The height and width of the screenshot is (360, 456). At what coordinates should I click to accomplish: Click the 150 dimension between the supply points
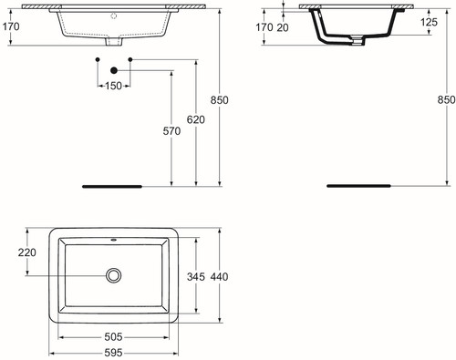113,86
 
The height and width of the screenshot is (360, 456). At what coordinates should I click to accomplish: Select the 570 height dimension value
171,131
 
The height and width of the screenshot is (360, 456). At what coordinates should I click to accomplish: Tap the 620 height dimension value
196,119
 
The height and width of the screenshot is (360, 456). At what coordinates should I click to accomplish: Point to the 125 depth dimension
430,22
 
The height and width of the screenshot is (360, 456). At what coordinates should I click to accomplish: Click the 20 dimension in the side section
283,27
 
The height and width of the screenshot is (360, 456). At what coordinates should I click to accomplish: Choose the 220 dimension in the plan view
27,252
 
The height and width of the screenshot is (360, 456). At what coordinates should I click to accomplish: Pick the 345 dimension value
196,276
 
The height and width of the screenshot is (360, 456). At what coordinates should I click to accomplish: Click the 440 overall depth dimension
219,276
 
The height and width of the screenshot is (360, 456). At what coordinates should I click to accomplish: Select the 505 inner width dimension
113,336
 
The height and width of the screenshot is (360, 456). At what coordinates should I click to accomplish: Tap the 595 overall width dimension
113,353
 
